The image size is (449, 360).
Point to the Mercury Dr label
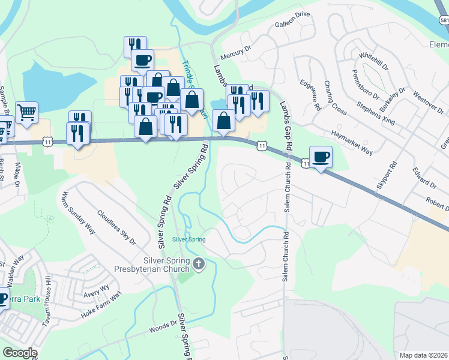coord(235,55)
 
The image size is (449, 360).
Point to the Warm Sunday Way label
coord(79,212)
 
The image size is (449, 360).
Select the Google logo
coord(19,353)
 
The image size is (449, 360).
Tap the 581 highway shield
coord(444,20)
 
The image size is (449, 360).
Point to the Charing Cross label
coord(335,98)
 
